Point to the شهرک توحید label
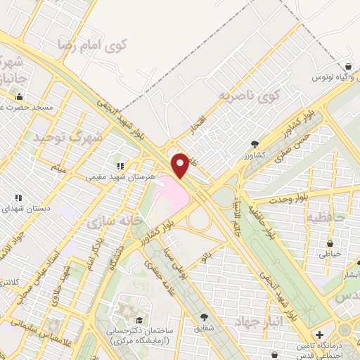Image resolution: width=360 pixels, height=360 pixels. click(x=67, y=138)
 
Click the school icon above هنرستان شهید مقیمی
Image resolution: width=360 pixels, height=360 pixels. click(x=120, y=166)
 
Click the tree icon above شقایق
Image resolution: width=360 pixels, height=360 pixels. click(x=205, y=317)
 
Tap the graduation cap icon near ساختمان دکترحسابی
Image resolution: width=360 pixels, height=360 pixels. click(x=127, y=310)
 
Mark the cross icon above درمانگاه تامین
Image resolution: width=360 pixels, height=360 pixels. click(x=320, y=334)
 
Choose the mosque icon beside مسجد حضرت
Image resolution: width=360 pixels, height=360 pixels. click(x=18, y=97)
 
